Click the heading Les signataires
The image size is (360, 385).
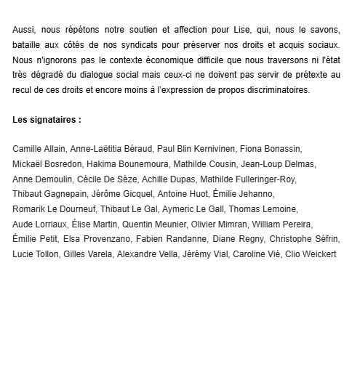(46, 118)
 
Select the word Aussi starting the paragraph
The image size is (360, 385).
(24, 32)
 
